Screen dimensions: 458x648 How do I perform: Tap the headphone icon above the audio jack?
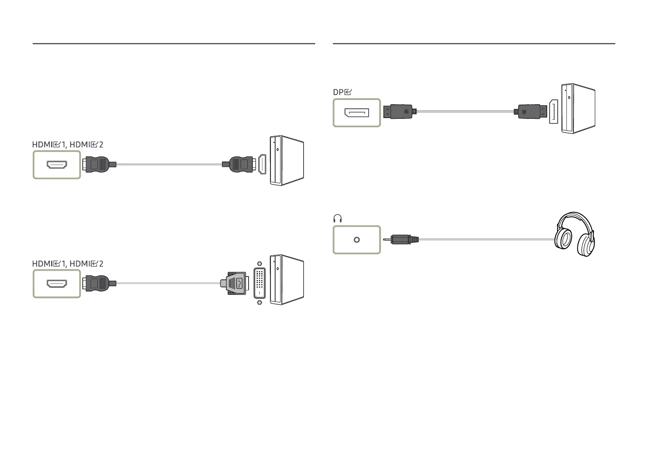click(x=337, y=219)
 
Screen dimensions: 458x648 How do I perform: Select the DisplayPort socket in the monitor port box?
click(x=357, y=113)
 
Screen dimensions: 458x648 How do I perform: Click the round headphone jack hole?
click(x=357, y=240)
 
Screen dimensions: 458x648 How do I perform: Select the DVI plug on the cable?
click(x=234, y=283)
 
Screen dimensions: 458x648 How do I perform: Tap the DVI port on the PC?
click(x=260, y=283)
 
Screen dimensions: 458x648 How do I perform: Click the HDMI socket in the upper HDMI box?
click(x=57, y=165)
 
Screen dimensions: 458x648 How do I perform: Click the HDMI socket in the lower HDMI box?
click(x=57, y=284)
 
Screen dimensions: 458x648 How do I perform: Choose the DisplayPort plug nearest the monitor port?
click(x=399, y=112)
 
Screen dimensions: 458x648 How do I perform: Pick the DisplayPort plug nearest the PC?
click(x=531, y=112)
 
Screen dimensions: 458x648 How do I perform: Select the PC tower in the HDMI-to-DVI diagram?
click(x=287, y=280)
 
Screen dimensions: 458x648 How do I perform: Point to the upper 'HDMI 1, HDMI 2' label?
click(x=68, y=145)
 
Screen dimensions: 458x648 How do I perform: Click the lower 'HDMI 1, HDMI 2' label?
click(x=68, y=264)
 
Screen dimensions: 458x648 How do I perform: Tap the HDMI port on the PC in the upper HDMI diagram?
click(x=262, y=164)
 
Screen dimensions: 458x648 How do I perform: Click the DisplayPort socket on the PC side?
click(x=553, y=112)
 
